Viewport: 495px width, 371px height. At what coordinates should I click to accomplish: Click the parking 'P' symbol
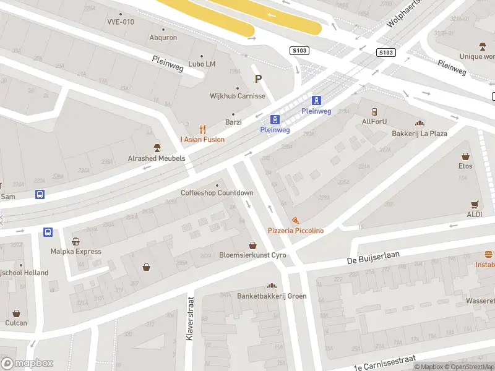tap(259, 79)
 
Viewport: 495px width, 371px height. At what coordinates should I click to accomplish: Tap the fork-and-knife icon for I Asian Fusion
tap(202, 129)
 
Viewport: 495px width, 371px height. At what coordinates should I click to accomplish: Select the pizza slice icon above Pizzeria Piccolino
tap(295, 220)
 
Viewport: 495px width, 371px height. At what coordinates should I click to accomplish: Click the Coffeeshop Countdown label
tap(217, 193)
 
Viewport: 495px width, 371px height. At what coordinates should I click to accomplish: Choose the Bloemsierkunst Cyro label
tap(252, 255)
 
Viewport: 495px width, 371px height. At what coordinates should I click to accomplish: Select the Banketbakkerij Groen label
tap(272, 296)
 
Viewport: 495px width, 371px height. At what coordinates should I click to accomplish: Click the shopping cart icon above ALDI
tap(475, 204)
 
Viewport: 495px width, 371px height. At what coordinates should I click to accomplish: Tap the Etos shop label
tap(465, 166)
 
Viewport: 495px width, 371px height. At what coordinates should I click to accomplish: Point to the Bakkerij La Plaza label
tap(419, 133)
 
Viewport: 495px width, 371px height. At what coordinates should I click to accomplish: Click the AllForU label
tap(374, 121)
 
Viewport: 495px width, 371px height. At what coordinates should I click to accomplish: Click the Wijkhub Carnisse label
tap(238, 96)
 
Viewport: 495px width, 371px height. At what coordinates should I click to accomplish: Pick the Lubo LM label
tap(202, 64)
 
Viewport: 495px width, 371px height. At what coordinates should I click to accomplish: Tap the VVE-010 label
tap(120, 22)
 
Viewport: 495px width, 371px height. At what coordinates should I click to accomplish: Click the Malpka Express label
tap(75, 252)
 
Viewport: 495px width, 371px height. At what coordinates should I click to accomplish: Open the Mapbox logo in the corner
tap(27, 364)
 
